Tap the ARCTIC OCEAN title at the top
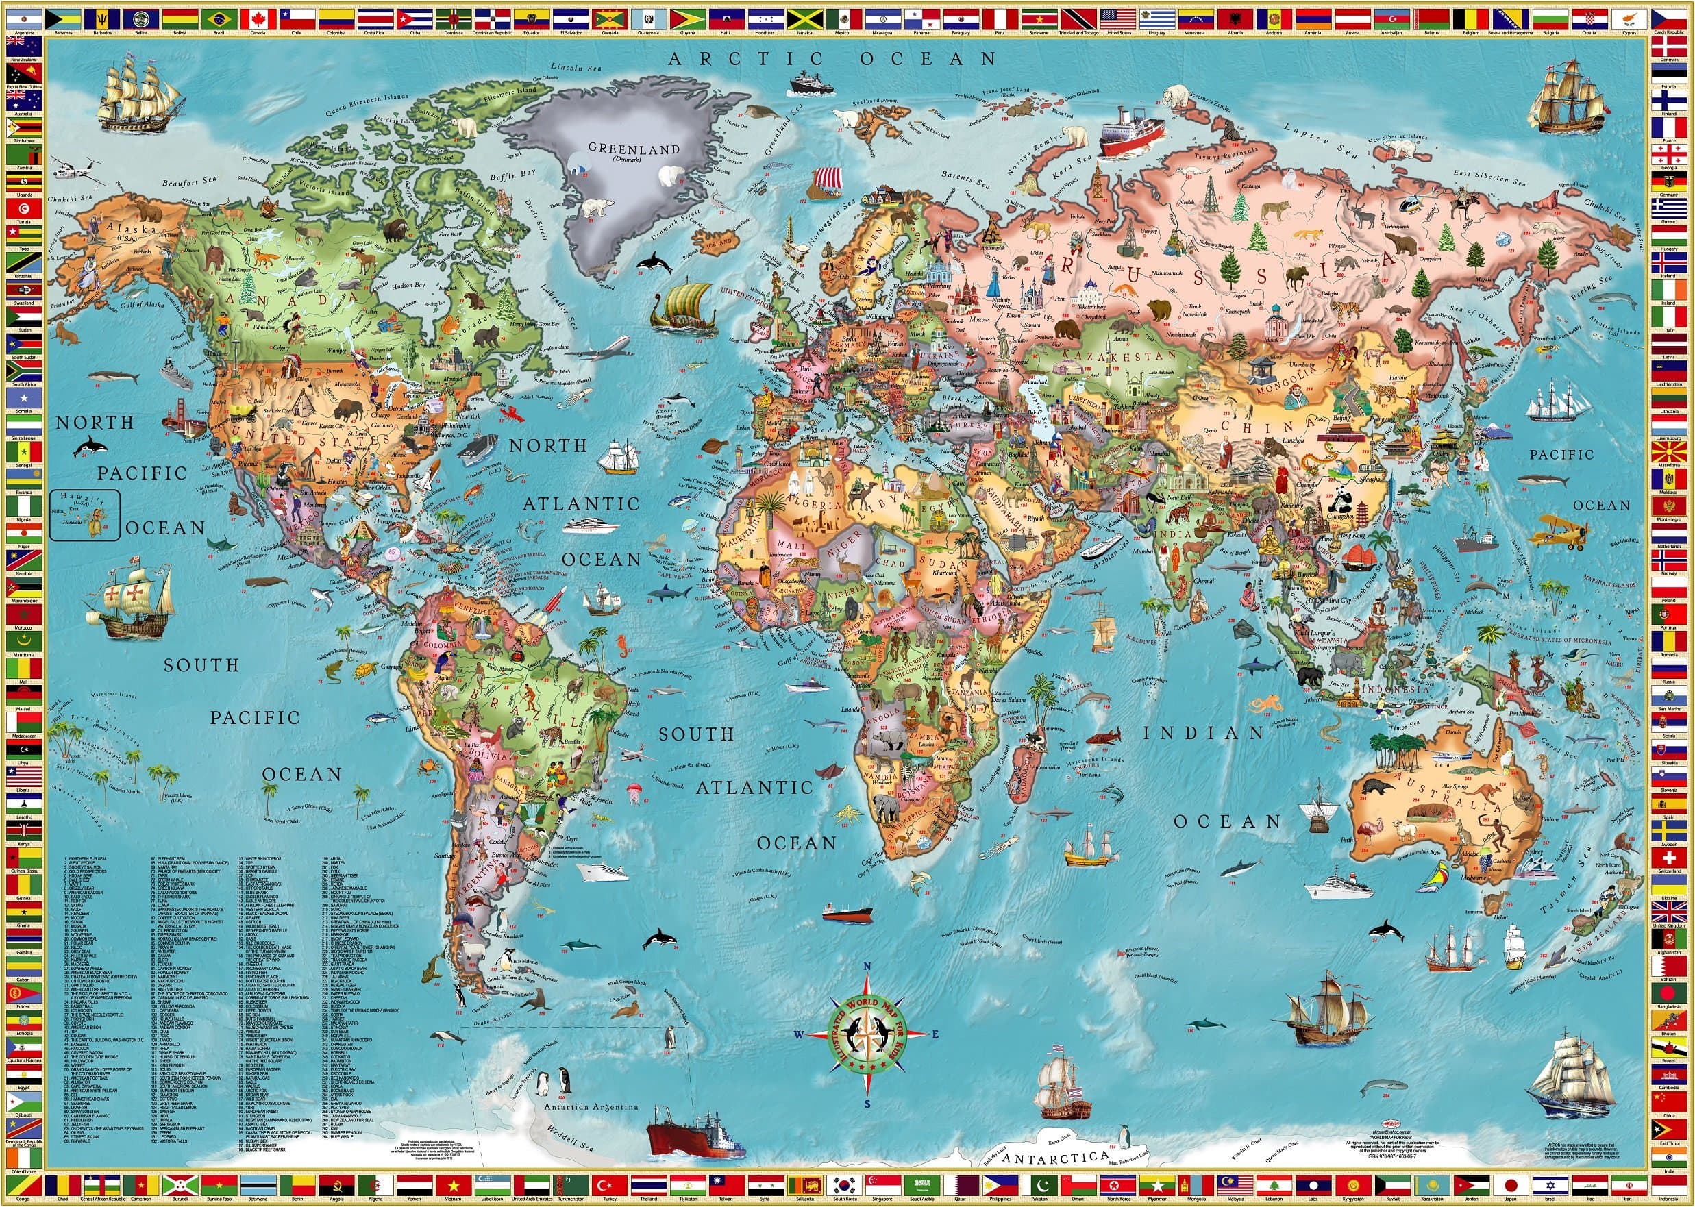(832, 59)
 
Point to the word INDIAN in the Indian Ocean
(1203, 734)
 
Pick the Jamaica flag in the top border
(804, 18)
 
